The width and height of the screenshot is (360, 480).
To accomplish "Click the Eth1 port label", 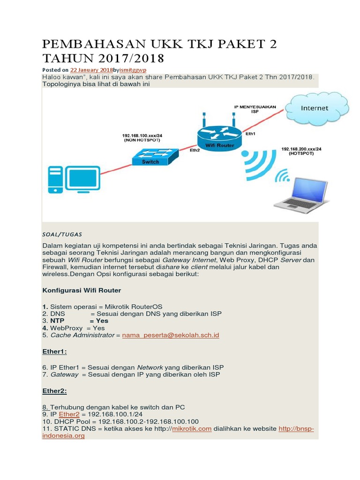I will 251,134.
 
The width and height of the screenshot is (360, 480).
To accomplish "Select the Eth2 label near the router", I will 195,151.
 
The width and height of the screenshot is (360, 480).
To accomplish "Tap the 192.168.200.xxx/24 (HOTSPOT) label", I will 301,151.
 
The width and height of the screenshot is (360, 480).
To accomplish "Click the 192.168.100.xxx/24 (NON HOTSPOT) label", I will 142,137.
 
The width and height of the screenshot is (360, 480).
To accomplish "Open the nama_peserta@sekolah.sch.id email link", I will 171,335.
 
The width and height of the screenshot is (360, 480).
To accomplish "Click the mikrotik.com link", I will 192,428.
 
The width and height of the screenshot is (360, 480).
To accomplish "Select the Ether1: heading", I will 54,351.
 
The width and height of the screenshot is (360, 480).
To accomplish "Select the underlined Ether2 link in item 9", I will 69,414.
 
